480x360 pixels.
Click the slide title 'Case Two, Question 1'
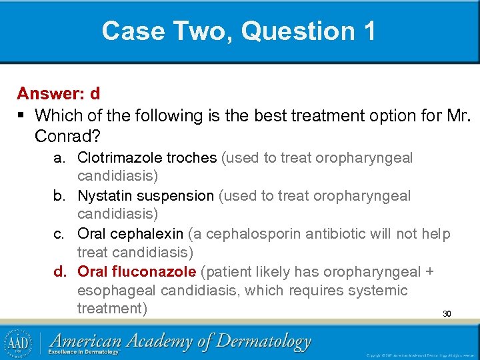click(x=239, y=31)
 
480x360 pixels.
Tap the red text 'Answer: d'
click(x=59, y=93)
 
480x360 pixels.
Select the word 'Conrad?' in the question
click(x=65, y=135)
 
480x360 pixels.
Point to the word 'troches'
click(x=191, y=158)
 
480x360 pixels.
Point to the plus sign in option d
click(x=429, y=272)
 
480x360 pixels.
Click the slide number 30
click(x=447, y=313)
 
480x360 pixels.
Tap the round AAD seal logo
click(x=18, y=342)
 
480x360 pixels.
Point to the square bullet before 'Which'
click(x=21, y=116)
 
